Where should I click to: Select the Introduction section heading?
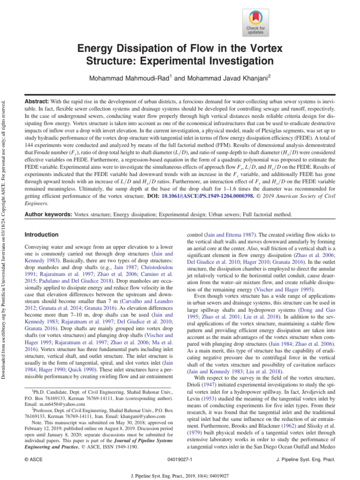tap(42, 234)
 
